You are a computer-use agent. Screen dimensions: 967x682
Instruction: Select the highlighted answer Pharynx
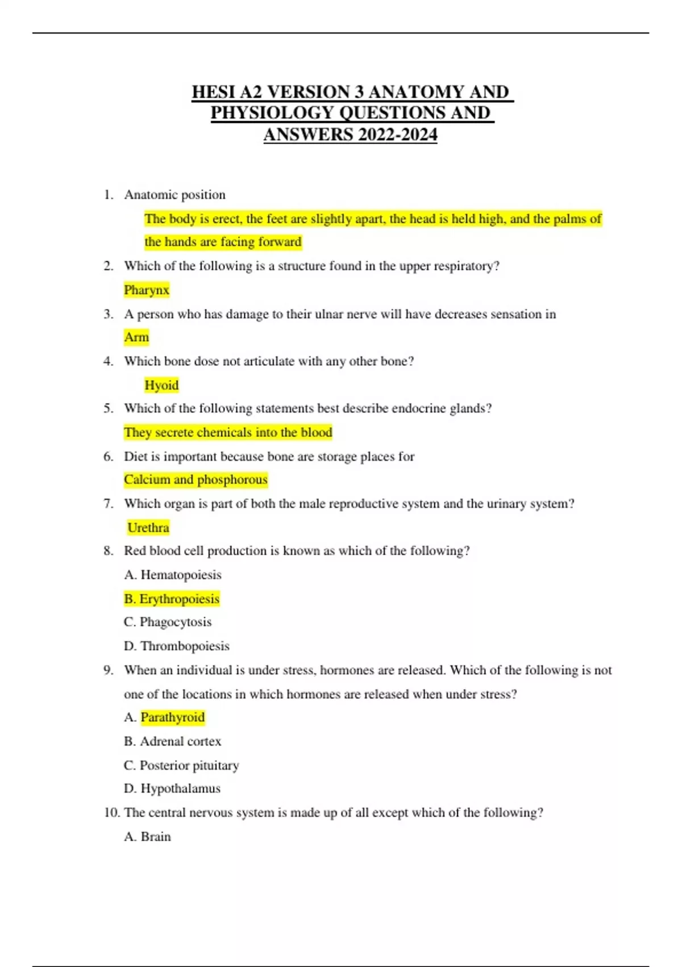coord(147,290)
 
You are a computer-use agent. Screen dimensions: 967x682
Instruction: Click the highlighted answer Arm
coord(136,337)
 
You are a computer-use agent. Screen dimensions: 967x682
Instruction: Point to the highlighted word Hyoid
coord(161,385)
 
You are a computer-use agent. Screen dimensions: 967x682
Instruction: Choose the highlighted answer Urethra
coord(148,528)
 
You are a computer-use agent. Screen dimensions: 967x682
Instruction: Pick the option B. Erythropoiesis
coord(172,599)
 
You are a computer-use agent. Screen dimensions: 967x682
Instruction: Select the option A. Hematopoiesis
coord(173,575)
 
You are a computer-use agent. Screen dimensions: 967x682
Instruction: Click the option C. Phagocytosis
coord(168,622)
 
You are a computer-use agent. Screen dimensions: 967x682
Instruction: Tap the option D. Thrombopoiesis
coord(177,646)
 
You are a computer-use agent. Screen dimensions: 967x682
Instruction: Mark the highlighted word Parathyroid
coord(173,717)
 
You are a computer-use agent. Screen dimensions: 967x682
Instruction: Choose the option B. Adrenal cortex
coord(173,741)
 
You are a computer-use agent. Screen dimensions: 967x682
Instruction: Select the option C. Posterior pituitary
coord(181,765)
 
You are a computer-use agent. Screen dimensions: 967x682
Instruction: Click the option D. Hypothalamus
coord(172,788)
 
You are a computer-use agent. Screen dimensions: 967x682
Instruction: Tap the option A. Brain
coord(147,837)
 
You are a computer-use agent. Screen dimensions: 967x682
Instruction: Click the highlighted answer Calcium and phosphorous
coord(196,480)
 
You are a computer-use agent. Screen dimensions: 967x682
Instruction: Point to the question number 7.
coord(108,503)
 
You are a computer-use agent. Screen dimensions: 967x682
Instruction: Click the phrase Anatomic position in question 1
coord(175,195)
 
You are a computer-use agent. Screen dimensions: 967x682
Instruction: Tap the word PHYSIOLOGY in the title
coord(272,113)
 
